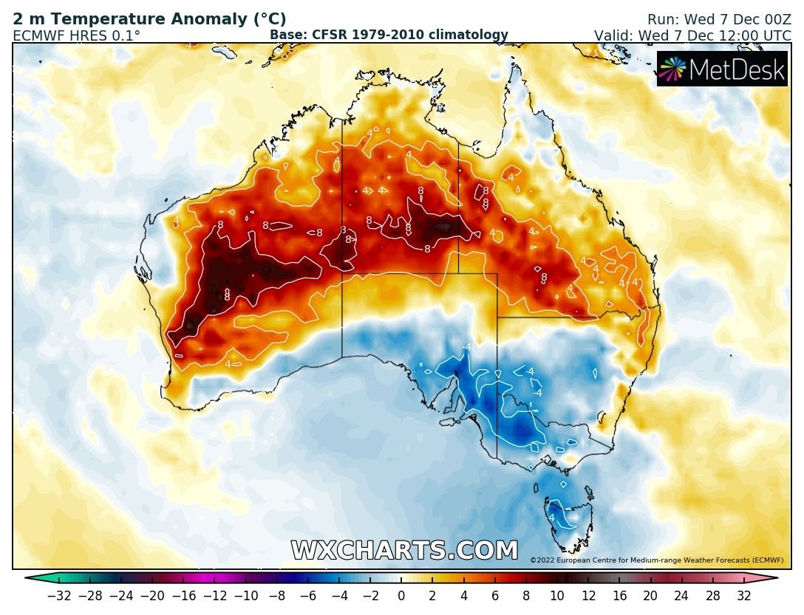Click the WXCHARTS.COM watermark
[404, 551]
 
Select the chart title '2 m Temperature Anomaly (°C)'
[149, 20]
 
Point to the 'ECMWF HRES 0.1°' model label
[76, 35]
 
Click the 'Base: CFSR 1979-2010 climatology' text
[389, 35]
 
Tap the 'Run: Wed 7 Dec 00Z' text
[719, 20]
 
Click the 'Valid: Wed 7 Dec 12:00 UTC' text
[692, 35]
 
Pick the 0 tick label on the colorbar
[401, 596]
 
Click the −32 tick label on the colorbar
[58, 596]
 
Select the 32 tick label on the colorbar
[743, 596]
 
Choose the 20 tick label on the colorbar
[650, 596]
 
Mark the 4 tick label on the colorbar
[463, 596]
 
